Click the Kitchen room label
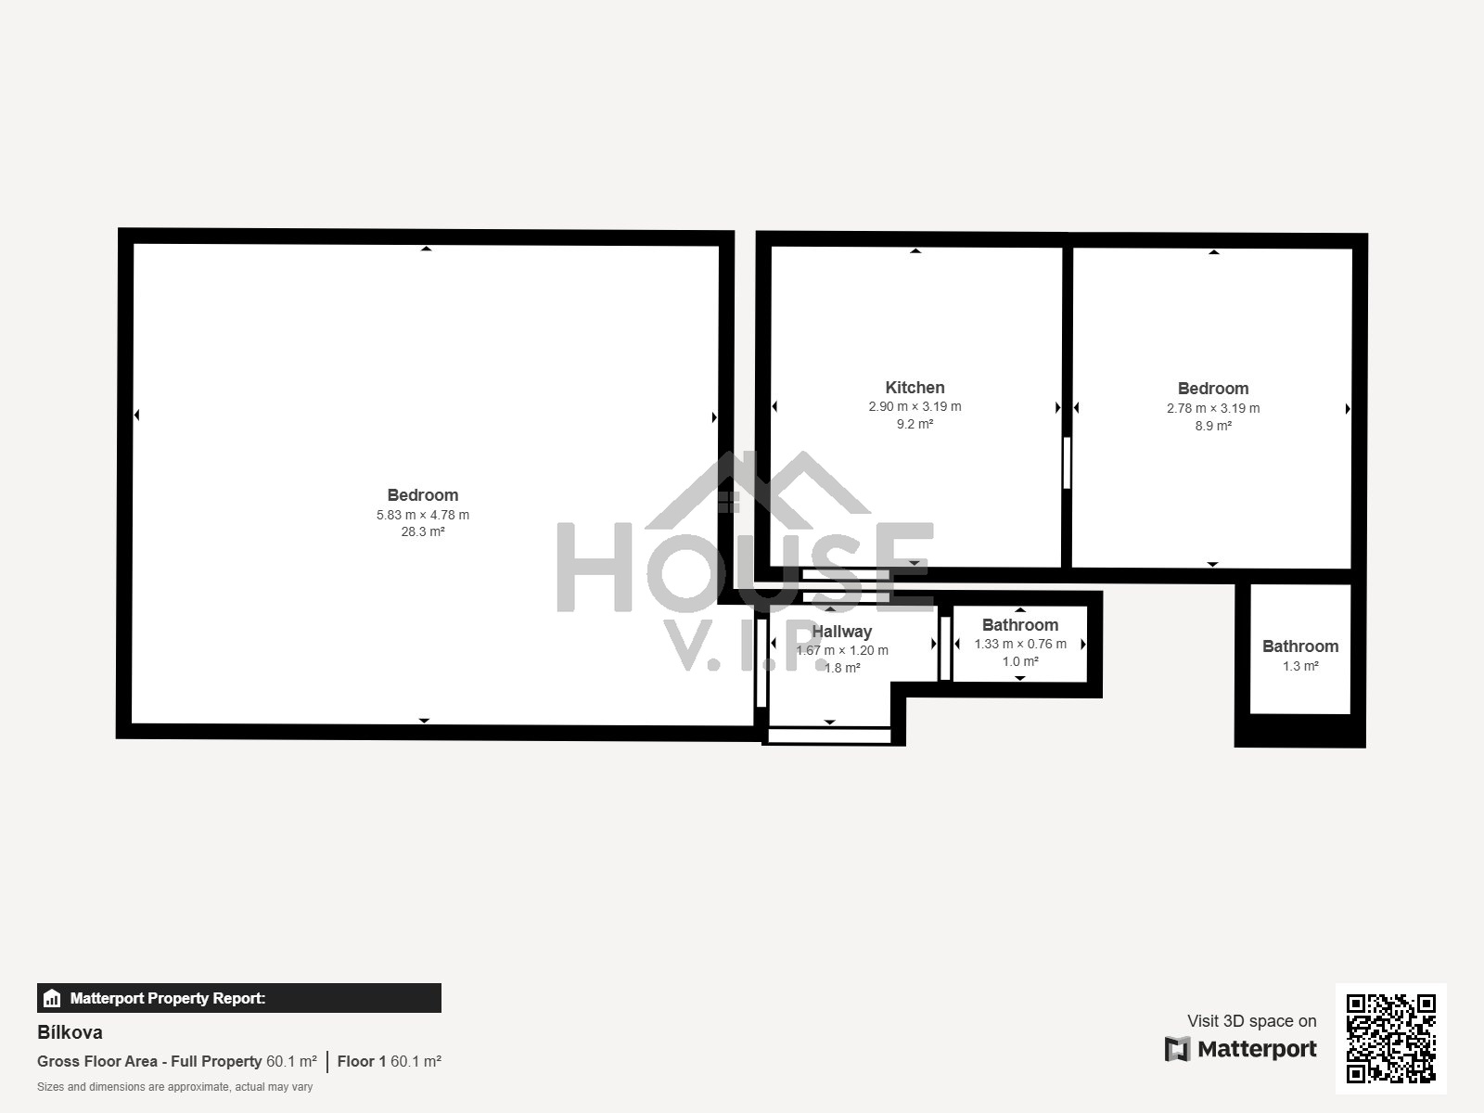[x=915, y=388]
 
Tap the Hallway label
[x=842, y=632]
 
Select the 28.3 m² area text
[x=423, y=532]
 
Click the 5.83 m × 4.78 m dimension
[x=423, y=515]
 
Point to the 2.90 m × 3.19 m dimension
[x=915, y=406]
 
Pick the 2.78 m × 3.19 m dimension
[x=1213, y=408]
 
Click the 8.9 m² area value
[x=1213, y=426]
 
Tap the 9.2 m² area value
[x=915, y=424]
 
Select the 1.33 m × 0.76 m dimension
[x=1020, y=644]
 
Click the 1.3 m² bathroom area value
[x=1300, y=666]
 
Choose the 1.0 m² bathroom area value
[x=1020, y=661]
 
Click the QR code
[x=1390, y=1039]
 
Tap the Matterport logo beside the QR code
[x=1241, y=1049]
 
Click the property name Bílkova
[x=70, y=1032]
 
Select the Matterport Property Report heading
[x=168, y=999]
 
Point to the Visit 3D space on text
[x=1251, y=1021]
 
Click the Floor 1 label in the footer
[x=362, y=1061]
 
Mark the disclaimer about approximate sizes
[x=174, y=1087]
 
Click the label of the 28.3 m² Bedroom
[x=423, y=495]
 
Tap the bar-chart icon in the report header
[x=52, y=999]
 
